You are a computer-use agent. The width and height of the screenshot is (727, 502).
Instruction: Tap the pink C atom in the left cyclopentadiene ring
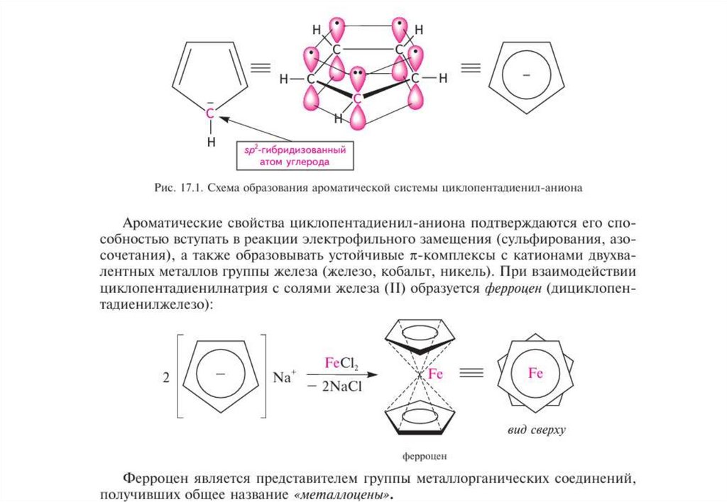pyautogui.click(x=210, y=113)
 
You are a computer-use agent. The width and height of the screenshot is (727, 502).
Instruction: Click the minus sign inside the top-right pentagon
pyautogui.click(x=526, y=74)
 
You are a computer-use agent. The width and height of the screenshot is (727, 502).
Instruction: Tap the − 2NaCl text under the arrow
pyautogui.click(x=339, y=386)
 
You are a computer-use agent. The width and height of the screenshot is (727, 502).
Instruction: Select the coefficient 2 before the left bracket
pyautogui.click(x=165, y=378)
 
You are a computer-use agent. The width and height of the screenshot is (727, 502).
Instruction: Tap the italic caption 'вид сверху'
pyautogui.click(x=536, y=430)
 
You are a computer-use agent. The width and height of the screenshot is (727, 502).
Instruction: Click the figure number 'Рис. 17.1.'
pyautogui.click(x=177, y=188)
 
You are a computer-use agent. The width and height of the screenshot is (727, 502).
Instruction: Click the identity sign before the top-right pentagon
pyautogui.click(x=469, y=69)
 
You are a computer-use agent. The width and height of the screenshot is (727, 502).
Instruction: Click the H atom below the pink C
pyautogui.click(x=211, y=142)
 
